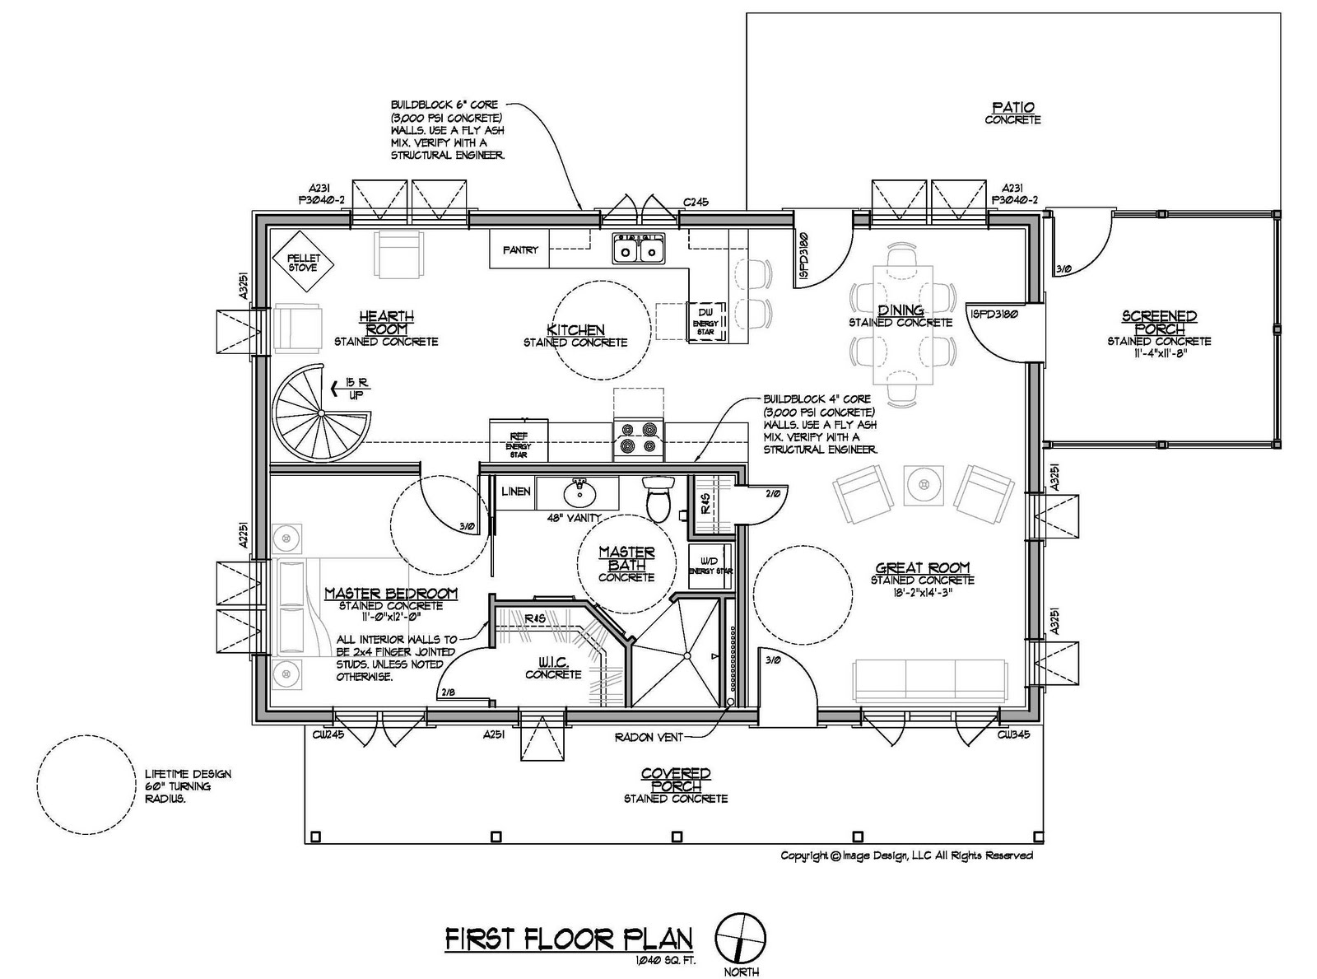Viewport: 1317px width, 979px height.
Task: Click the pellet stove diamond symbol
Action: [303, 261]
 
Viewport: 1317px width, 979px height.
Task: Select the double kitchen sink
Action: [639, 249]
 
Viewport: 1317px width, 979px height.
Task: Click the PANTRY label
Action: [520, 250]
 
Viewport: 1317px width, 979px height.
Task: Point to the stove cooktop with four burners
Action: [639, 438]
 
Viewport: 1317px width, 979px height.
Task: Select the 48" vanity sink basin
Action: [579, 493]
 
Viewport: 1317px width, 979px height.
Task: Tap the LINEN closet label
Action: [515, 492]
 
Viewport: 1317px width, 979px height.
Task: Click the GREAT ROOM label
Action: [922, 567]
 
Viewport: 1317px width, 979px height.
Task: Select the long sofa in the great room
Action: [930, 678]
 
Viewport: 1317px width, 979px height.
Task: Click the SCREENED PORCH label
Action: [1159, 322]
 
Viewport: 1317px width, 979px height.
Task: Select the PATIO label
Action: [1012, 108]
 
